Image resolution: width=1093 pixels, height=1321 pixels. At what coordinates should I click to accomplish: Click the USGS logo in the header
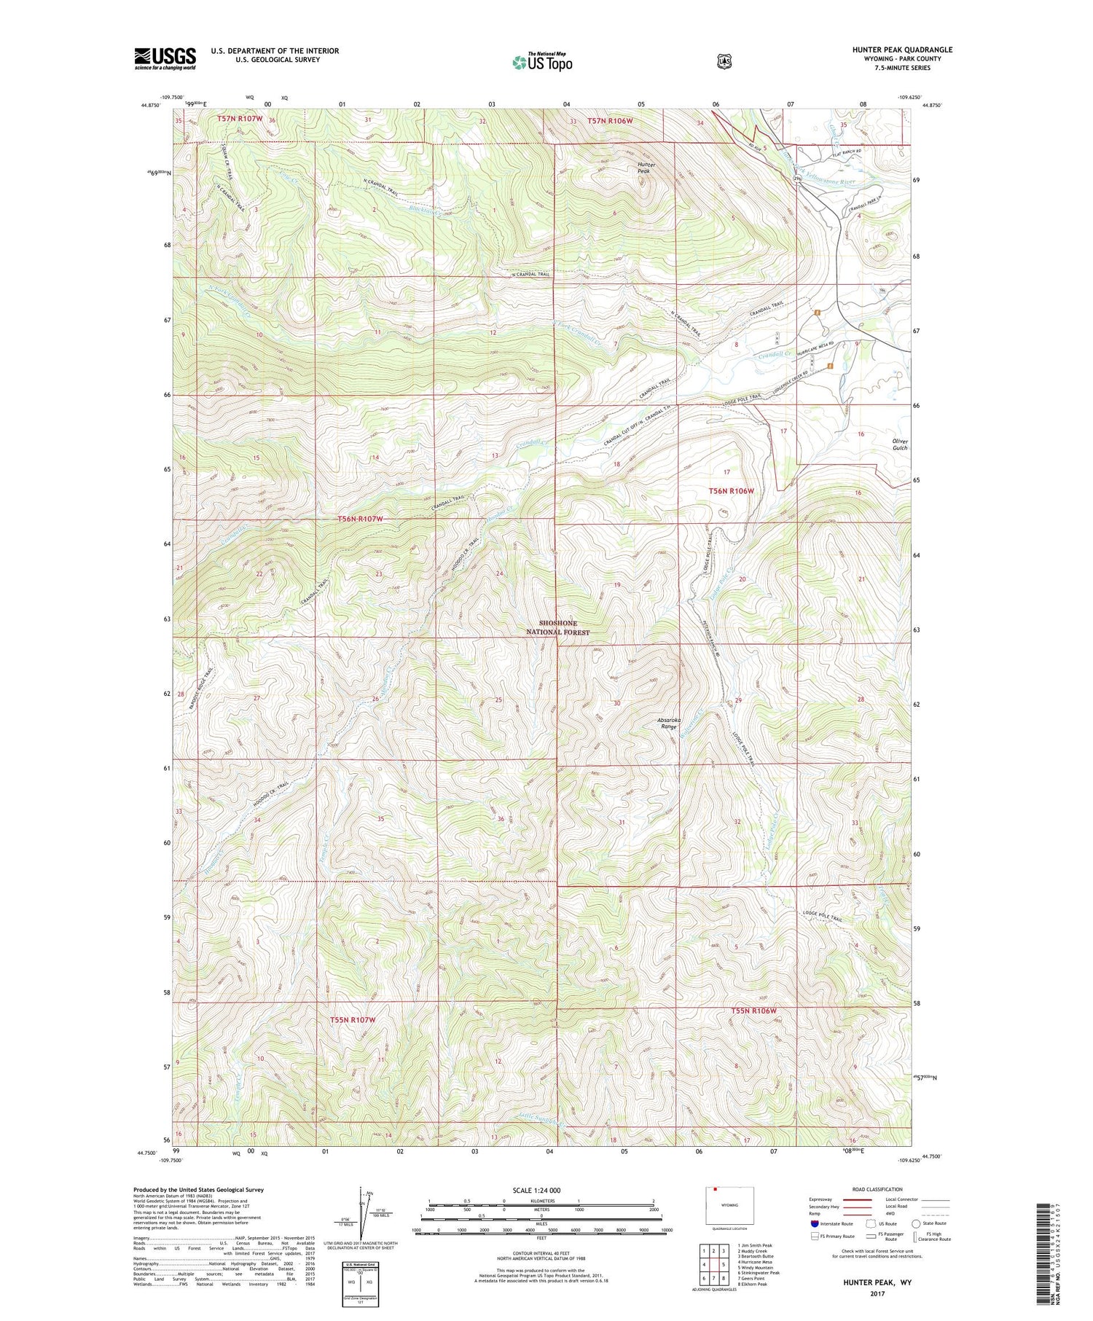tap(165, 58)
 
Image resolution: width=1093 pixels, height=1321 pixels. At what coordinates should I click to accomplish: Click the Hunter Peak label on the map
tap(646, 168)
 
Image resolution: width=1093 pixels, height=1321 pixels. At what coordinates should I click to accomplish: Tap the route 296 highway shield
tap(798, 178)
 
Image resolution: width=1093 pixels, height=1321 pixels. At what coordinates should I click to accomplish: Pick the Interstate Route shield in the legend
tap(815, 1223)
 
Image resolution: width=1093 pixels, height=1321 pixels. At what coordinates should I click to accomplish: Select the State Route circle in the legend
tap(915, 1223)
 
